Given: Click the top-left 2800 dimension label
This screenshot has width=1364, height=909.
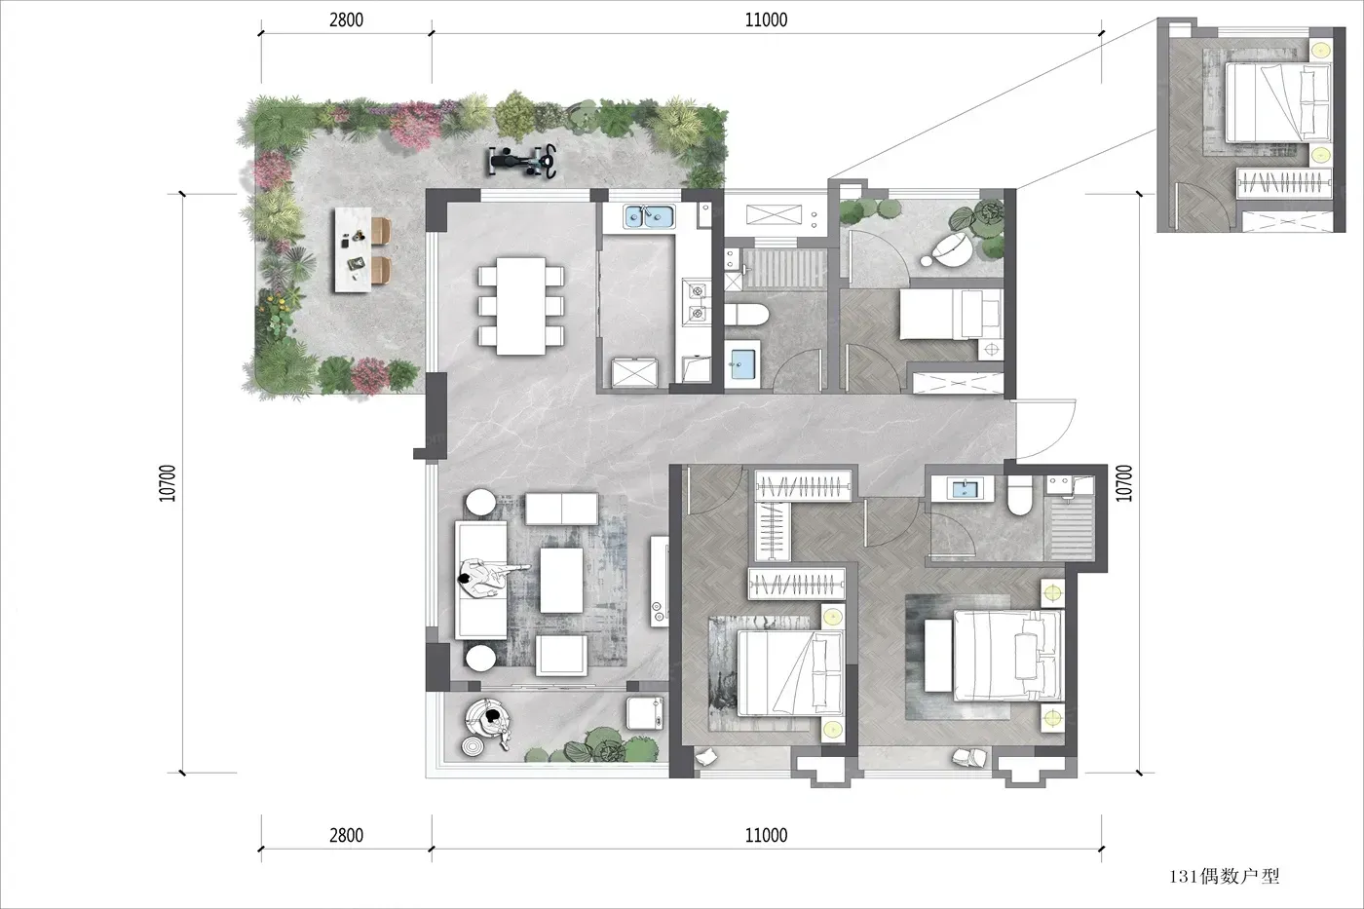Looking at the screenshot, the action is click(346, 20).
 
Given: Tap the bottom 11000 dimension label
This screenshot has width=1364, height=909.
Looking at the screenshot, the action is click(766, 835).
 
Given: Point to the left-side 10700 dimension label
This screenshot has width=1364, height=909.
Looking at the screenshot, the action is click(168, 483).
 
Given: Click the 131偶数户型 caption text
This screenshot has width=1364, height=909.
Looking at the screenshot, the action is click(1224, 876).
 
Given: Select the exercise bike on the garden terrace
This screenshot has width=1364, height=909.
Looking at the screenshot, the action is click(523, 162).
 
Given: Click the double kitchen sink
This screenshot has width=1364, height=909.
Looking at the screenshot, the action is click(649, 216).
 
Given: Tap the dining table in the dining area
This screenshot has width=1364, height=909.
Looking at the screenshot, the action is click(520, 306).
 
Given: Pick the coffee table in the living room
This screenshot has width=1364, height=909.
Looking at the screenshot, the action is click(561, 581).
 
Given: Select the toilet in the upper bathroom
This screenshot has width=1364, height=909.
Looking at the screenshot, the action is click(747, 315).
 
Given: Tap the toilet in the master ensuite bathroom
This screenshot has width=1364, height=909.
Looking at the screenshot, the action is click(1020, 495).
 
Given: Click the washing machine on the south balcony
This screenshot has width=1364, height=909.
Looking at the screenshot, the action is click(645, 713).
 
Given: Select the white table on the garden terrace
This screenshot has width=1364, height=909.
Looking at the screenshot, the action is click(353, 249).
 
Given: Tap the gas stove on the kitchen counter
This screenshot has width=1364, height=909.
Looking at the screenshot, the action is click(697, 302).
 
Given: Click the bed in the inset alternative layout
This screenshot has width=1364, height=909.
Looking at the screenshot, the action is click(1277, 103).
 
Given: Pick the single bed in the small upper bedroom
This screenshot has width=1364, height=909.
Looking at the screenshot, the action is click(951, 314).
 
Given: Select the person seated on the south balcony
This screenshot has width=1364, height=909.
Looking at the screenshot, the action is click(492, 722).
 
